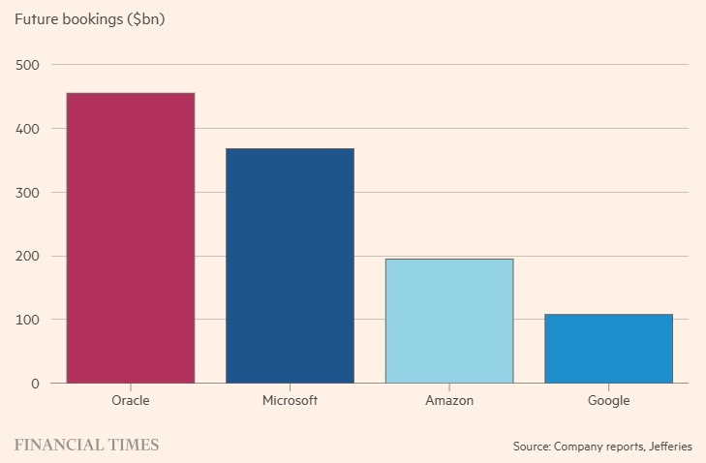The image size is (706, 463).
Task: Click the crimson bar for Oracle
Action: [131, 238]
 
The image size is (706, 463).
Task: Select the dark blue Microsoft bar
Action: [290, 265]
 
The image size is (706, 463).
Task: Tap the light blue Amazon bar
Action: [448, 321]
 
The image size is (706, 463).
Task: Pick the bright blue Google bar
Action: [608, 349]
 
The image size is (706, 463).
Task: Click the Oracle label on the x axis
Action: [131, 400]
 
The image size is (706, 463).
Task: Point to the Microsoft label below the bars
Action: [290, 400]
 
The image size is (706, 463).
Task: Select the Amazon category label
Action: [448, 400]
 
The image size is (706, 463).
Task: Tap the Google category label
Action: [608, 400]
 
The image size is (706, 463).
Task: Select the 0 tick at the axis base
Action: [34, 384]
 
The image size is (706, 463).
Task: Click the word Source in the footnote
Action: [531, 447]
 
